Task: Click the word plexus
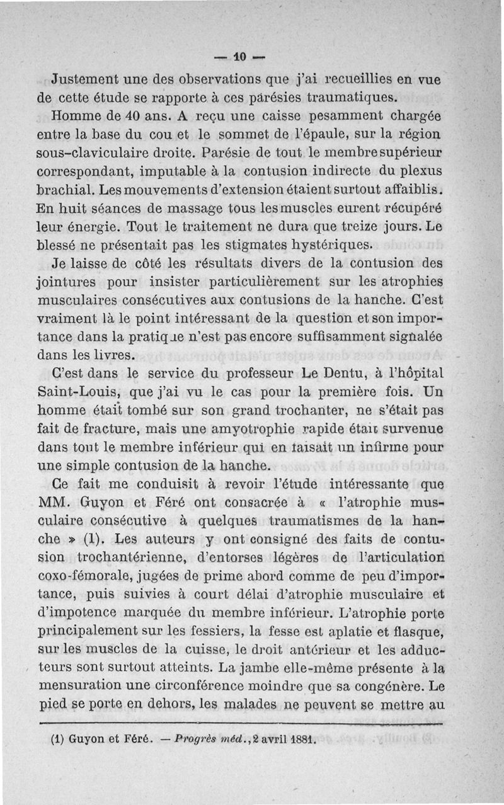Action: pos(422,171)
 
